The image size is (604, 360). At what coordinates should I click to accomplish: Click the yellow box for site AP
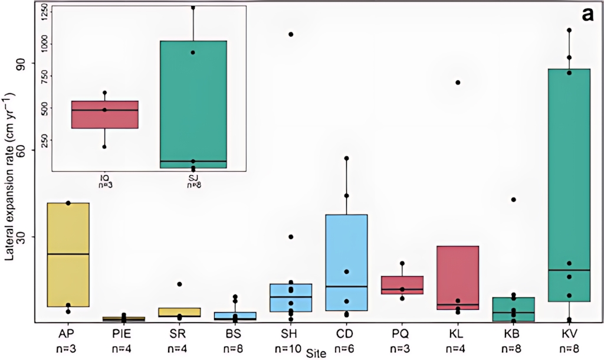point(68,254)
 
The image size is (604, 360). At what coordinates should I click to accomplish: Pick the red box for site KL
point(458,277)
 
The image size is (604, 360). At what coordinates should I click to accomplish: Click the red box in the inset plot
point(105,114)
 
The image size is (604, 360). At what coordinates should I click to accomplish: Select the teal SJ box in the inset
point(193,104)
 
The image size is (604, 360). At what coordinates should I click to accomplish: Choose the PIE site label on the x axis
point(123,334)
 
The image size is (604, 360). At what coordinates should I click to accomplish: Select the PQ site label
point(402,334)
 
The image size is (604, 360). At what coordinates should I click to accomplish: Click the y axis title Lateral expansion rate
point(10,177)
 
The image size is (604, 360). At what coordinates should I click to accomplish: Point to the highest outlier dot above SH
point(291,34)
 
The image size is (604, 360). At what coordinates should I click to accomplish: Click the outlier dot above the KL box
point(458,82)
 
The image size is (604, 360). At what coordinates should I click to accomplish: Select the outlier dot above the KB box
point(513,199)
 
